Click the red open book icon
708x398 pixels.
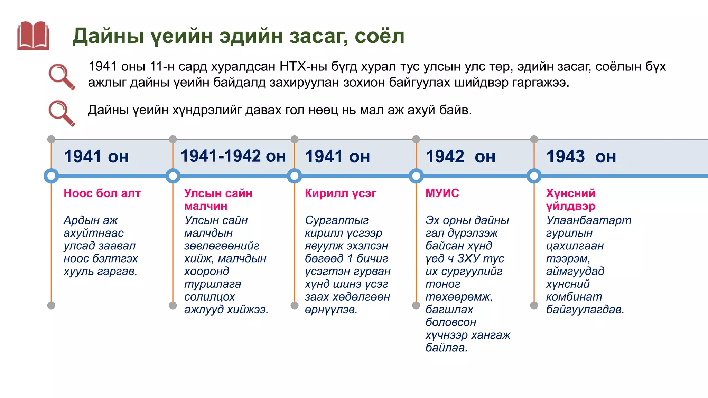click(33, 36)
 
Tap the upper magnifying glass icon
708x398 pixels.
click(62, 76)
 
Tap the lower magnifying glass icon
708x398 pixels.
click(62, 113)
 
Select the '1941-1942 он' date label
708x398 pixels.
click(233, 156)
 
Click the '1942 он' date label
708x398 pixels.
click(460, 157)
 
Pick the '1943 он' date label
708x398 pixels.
click(581, 157)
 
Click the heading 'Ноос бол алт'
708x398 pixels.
click(102, 193)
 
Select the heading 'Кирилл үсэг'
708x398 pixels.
click(341, 193)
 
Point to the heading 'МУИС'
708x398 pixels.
click(442, 193)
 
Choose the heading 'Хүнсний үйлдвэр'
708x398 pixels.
click(570, 199)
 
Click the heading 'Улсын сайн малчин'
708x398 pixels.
click(218, 199)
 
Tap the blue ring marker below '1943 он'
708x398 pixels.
click(534, 176)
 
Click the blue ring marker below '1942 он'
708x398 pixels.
click(416, 176)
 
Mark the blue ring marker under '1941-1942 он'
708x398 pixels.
click(173, 176)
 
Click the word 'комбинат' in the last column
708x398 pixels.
click(574, 297)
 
